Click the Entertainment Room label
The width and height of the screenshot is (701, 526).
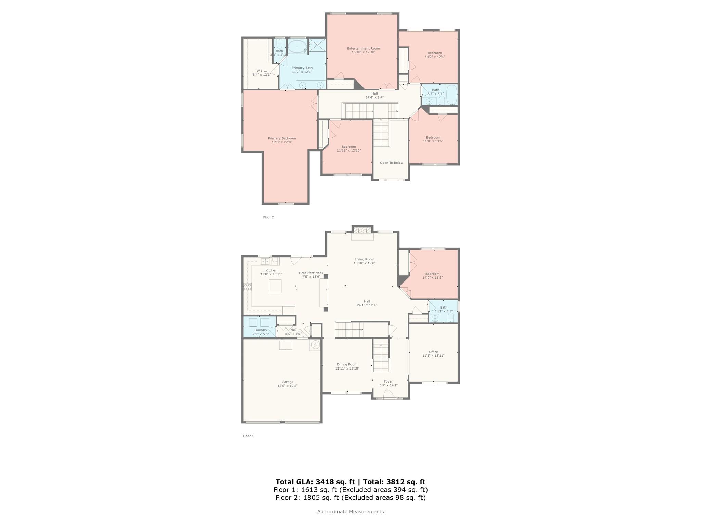[363, 48]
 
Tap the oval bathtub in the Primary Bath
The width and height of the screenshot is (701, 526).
[297, 47]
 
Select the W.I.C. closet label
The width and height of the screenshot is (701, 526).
[262, 71]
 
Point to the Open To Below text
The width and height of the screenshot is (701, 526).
[391, 163]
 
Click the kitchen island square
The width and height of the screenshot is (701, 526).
[275, 286]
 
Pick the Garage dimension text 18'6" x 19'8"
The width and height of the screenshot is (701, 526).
[288, 386]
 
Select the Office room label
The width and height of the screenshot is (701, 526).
[433, 352]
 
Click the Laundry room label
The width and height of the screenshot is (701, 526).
[260, 330]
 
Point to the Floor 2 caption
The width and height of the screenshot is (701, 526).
[268, 217]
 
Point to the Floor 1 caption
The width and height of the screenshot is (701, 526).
[248, 436]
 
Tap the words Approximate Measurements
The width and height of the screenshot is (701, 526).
[350, 512]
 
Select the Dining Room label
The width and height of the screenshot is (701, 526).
[347, 364]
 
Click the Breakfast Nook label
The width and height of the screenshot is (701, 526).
[311, 273]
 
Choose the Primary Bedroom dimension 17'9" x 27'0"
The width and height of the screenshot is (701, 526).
[282, 142]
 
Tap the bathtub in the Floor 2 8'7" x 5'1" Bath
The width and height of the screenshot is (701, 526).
[451, 95]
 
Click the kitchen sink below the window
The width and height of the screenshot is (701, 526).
[265, 262]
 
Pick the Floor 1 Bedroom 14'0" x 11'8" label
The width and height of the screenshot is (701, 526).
[432, 274]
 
